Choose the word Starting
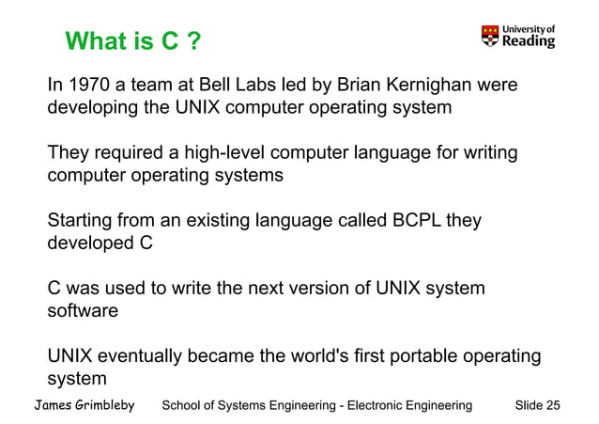[x=81, y=222]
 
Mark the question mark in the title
[x=192, y=42]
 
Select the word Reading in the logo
[x=529, y=41]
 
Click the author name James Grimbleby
[x=84, y=405]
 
